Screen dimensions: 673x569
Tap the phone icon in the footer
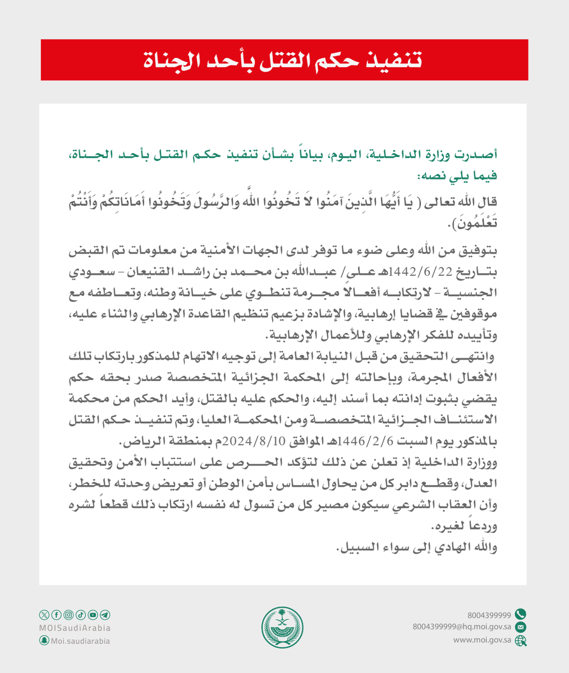[520, 614]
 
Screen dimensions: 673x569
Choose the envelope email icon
[520, 626]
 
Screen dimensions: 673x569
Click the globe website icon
[520, 639]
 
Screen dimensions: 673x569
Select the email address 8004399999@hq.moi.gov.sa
[461, 626]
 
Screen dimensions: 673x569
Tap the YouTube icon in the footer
[92, 615]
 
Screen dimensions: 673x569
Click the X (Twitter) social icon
[44, 615]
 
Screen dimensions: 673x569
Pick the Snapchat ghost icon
[44, 640]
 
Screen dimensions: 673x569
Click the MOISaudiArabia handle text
[75, 628]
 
